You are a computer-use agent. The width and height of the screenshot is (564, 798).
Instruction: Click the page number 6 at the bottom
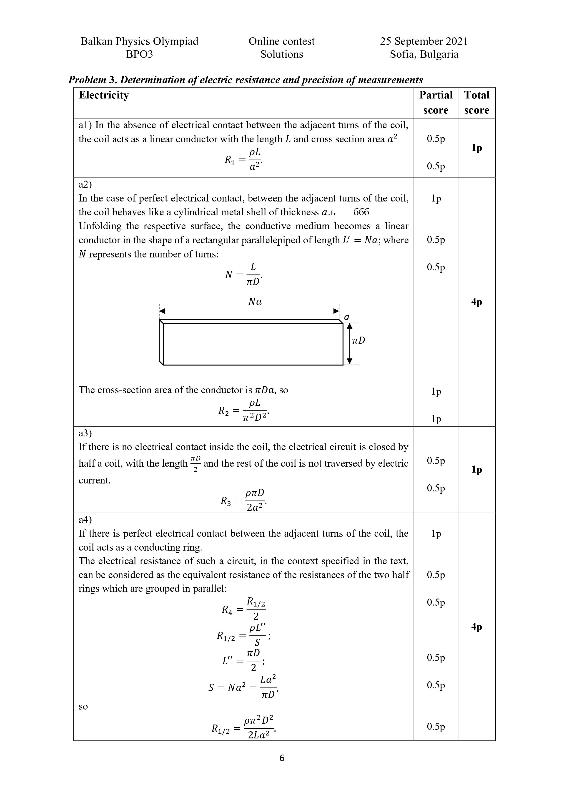point(282,758)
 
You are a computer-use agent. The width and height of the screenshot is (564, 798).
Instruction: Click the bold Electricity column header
point(104,95)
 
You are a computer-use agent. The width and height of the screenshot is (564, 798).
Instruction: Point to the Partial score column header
point(436,103)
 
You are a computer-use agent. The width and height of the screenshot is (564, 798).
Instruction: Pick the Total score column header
point(476,103)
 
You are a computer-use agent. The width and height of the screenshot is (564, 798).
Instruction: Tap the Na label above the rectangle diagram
point(255,302)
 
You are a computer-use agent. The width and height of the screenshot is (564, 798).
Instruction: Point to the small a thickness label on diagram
point(346,317)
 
